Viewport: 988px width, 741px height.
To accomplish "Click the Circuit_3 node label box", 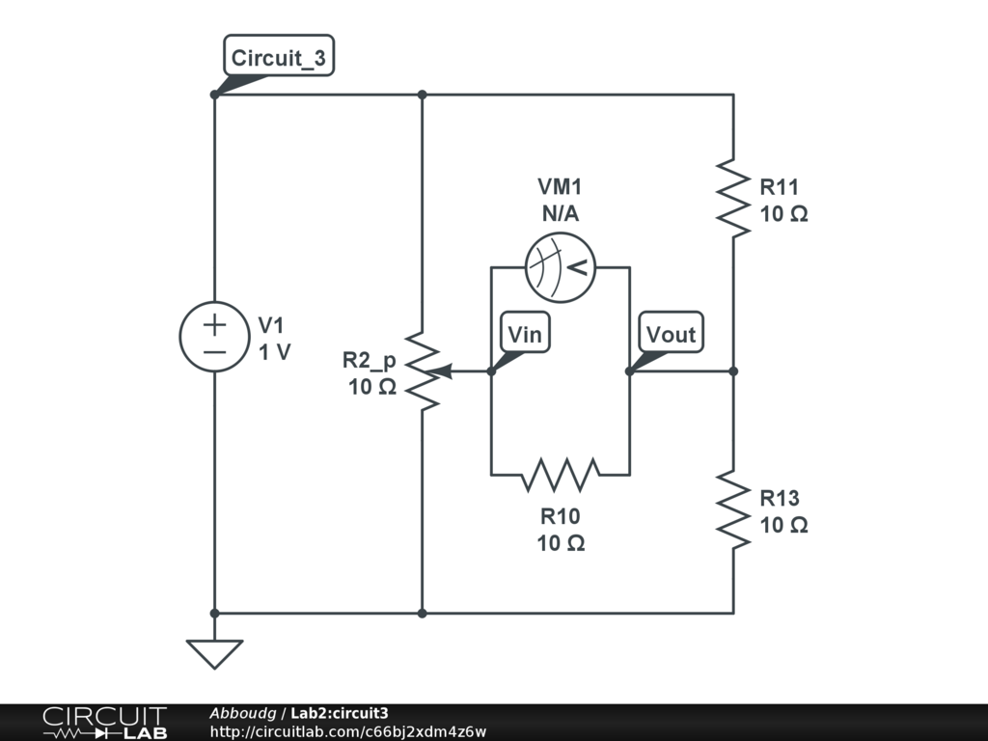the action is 279,56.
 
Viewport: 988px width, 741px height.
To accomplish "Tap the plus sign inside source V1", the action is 214,324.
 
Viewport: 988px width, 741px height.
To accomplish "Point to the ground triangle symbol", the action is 214,654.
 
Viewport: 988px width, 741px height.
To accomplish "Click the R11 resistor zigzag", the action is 733,198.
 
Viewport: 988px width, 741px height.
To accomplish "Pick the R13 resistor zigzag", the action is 733,509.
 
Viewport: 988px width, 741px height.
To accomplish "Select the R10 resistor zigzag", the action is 561,475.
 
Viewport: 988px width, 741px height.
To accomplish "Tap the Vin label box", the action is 525,332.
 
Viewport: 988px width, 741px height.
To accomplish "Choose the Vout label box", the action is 672,332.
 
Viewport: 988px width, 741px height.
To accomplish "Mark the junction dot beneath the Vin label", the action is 491,371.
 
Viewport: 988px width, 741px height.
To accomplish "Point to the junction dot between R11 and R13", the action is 733,371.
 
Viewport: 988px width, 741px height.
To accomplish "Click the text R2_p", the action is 370,360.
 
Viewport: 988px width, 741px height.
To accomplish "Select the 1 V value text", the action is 275,351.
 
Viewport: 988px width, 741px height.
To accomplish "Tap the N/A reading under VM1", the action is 561,213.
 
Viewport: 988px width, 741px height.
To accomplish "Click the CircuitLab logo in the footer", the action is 104,722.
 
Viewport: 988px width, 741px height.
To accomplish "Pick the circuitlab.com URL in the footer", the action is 347,731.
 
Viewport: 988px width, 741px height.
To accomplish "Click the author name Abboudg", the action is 242,713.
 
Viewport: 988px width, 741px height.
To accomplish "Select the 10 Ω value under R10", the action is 561,542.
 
